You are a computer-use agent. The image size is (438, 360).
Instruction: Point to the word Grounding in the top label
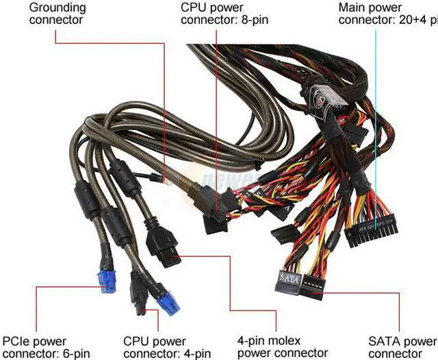coord(57,8)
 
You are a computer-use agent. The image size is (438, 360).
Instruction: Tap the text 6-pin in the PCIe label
coord(72,353)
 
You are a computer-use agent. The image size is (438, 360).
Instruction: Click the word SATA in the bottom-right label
coord(384,341)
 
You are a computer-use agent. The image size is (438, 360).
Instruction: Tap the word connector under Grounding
coord(56,20)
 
